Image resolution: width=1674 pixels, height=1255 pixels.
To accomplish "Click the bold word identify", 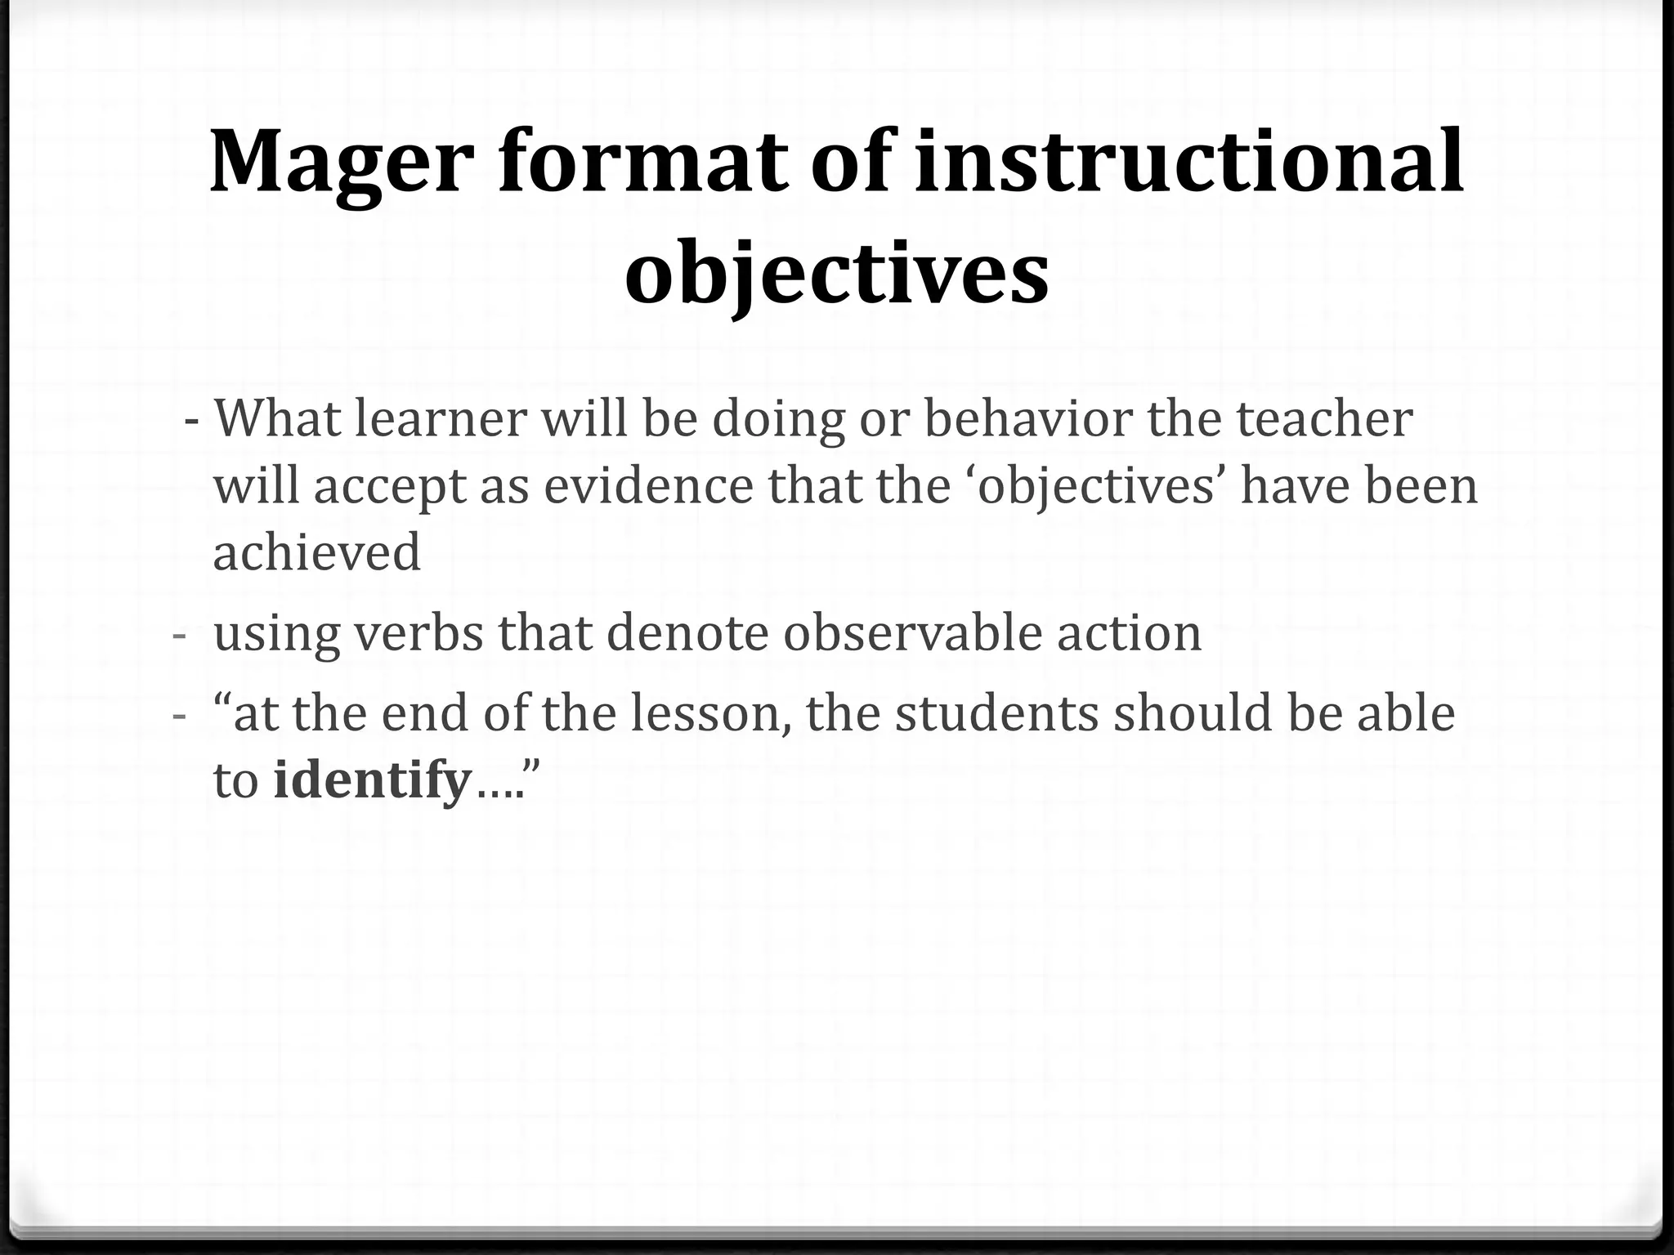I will click(x=373, y=780).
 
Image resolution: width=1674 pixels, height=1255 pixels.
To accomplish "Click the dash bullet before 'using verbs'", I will click(x=180, y=635).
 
